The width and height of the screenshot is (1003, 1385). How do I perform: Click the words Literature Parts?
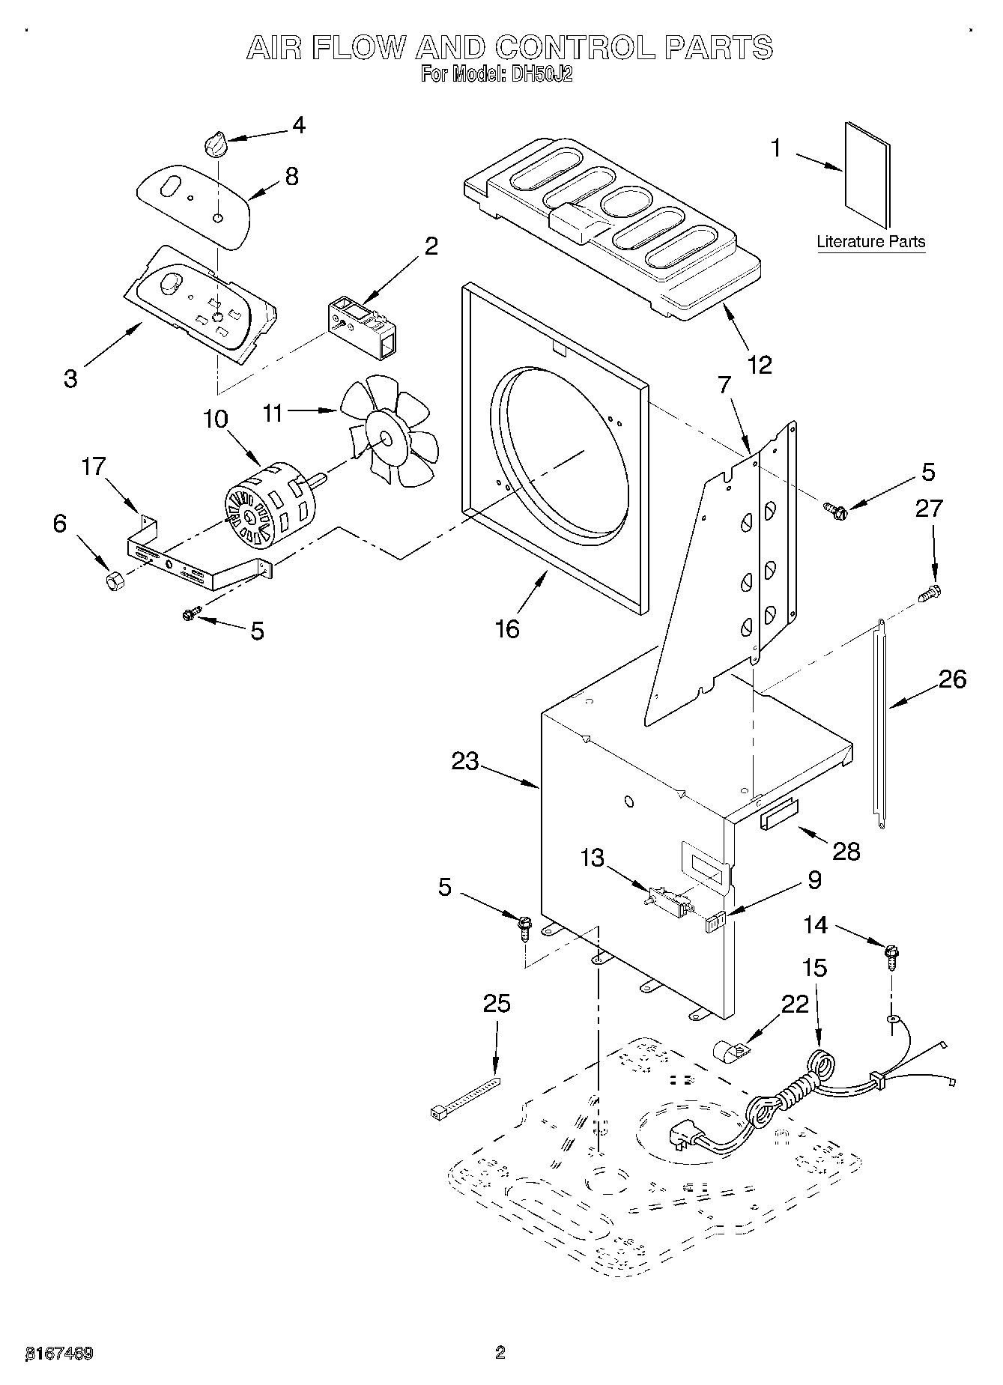click(870, 242)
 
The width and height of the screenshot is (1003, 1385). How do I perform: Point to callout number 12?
click(759, 365)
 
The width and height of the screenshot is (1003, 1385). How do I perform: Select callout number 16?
click(507, 628)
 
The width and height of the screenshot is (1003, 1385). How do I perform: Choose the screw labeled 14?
click(891, 954)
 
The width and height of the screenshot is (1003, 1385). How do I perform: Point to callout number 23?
click(464, 761)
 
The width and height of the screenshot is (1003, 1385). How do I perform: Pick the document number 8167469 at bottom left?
click(59, 1353)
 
